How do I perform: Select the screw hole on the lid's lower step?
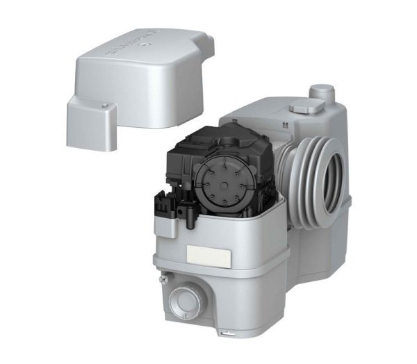click(x=104, y=106)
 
